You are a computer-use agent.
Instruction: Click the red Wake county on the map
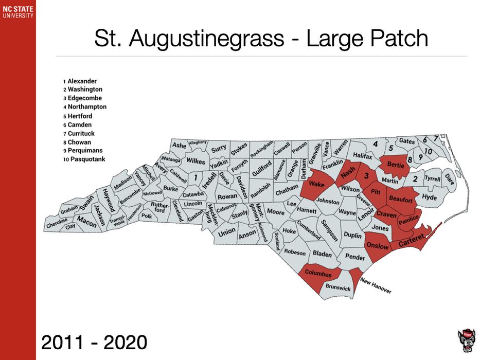click(x=316, y=185)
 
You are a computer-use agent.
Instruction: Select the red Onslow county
click(x=378, y=246)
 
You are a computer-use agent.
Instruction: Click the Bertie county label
click(x=395, y=166)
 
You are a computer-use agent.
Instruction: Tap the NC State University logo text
click(x=17, y=12)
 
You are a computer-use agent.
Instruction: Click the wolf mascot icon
click(x=466, y=339)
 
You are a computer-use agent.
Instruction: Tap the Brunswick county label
click(x=338, y=289)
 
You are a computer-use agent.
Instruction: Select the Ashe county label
click(x=179, y=146)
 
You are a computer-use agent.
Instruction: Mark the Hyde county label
click(x=429, y=197)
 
